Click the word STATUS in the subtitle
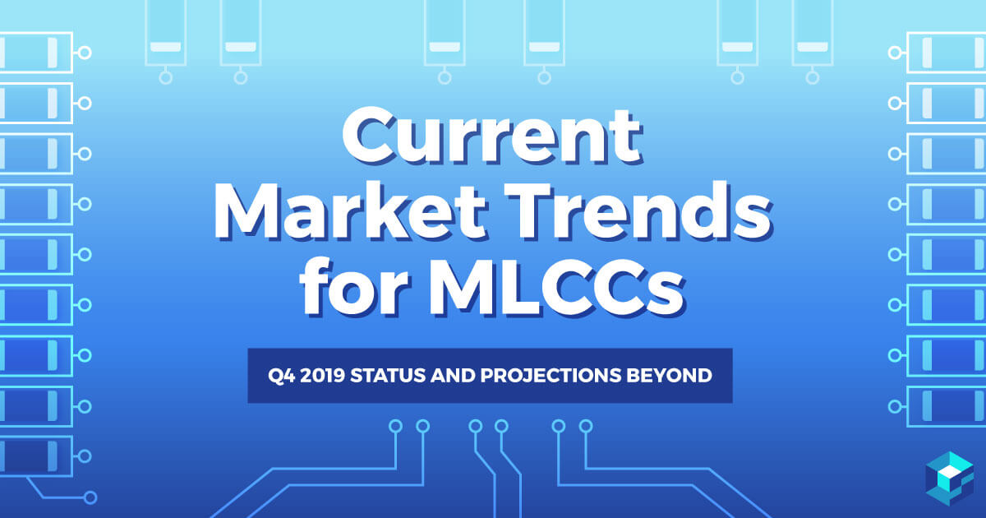pos(387,376)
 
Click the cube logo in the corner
pos(950,479)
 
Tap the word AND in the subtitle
pos(453,376)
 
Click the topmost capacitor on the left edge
pos(36,53)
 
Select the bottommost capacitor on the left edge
pos(36,456)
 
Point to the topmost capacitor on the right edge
pos(947,53)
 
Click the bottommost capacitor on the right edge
pos(947,405)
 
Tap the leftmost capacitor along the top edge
pos(165,33)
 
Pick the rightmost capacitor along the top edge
pos(813,33)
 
